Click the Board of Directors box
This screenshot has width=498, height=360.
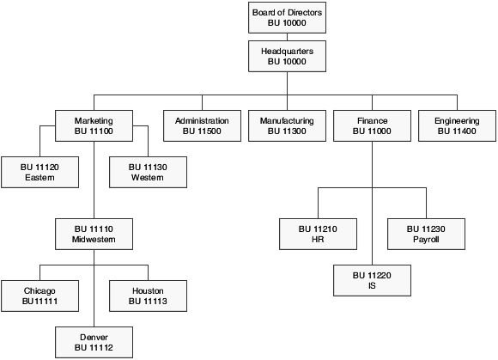(x=287, y=17)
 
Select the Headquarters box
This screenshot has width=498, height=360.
(x=287, y=57)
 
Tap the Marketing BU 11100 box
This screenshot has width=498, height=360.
(x=94, y=126)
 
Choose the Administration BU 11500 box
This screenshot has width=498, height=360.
(x=202, y=126)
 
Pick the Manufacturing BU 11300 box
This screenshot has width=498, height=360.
(x=287, y=126)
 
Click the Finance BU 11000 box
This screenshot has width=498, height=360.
(x=372, y=126)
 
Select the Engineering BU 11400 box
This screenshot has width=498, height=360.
(x=457, y=126)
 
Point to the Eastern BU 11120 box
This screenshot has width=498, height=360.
(x=39, y=171)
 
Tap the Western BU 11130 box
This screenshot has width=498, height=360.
(x=147, y=171)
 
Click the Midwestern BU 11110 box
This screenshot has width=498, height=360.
(x=94, y=234)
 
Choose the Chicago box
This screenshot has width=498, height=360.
(x=39, y=296)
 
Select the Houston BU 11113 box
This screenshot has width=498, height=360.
(x=147, y=296)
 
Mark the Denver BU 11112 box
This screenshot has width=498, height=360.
(x=94, y=342)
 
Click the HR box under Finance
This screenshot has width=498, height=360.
(x=319, y=234)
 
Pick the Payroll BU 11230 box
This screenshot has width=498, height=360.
(x=425, y=234)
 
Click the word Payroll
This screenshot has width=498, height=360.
(x=425, y=241)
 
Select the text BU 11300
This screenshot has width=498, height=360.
(x=287, y=132)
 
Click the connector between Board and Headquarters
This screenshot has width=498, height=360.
(x=287, y=37)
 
